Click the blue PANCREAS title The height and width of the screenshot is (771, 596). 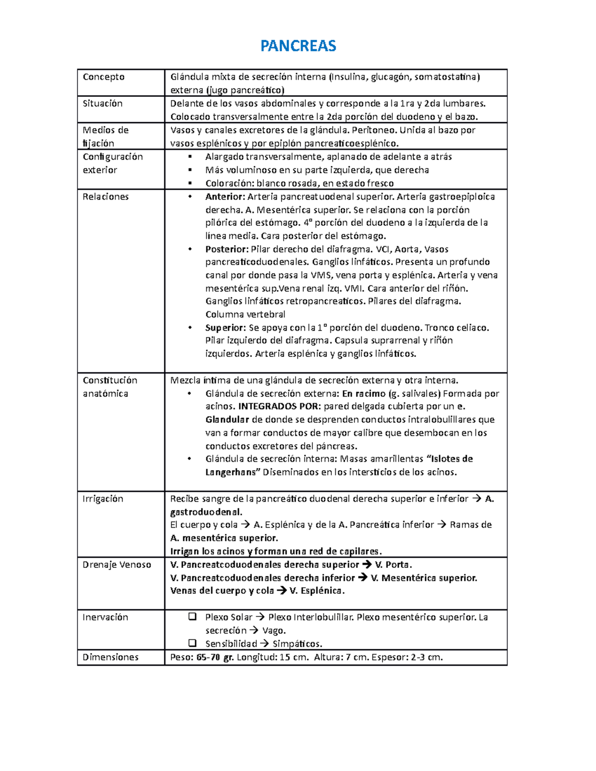(x=298, y=46)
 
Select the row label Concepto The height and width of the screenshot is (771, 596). (x=103, y=77)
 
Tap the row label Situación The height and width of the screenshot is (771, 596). (x=102, y=103)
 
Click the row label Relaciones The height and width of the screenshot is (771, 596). (x=105, y=197)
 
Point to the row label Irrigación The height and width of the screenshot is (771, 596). (x=102, y=498)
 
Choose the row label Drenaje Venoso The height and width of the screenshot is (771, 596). (x=117, y=564)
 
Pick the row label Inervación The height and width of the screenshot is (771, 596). (x=105, y=617)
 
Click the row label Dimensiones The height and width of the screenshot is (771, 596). (x=110, y=657)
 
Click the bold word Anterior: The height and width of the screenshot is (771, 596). (x=225, y=197)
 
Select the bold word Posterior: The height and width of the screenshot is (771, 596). (x=226, y=249)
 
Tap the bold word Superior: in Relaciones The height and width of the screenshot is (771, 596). (x=225, y=328)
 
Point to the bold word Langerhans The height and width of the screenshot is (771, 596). (x=231, y=472)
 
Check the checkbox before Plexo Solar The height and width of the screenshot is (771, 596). (x=192, y=617)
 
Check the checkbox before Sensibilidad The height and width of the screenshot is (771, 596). (x=192, y=643)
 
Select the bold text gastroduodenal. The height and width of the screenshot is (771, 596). (x=206, y=512)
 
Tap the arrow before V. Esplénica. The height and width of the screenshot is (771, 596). (x=282, y=591)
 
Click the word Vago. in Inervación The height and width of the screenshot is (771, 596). (x=274, y=631)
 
